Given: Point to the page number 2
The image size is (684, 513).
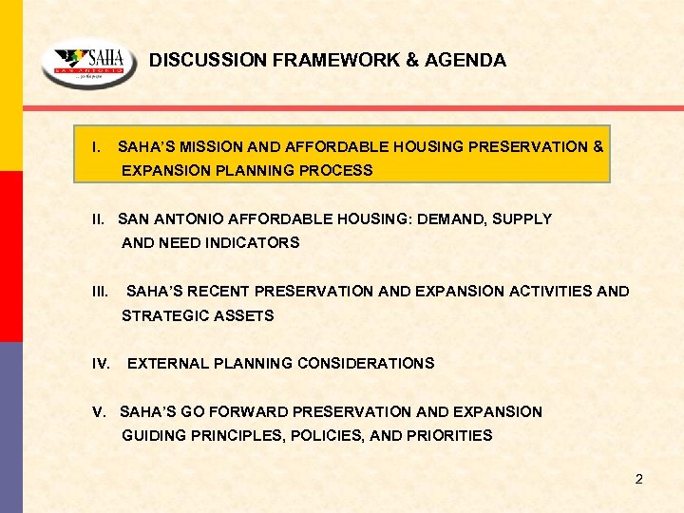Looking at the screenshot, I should coord(638,479).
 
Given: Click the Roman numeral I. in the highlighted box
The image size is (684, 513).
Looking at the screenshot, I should coord(95,147).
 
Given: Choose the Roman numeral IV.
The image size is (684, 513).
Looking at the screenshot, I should coord(102,363).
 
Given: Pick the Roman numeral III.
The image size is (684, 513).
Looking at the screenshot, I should coord(100,291).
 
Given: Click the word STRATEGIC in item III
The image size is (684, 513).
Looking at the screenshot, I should coord(161,315).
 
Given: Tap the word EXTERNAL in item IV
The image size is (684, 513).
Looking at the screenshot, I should coord(167,363).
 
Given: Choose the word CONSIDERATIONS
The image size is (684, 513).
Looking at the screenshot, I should coord(366,363).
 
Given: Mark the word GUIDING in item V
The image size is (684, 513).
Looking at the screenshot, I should coord(153,435).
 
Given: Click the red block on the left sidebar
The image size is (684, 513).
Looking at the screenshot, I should coord(10,256).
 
